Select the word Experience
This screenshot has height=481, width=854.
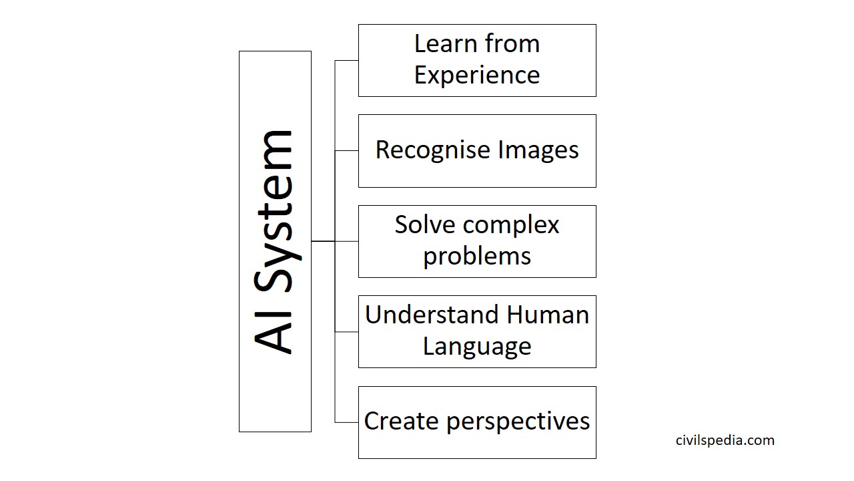click(x=477, y=75)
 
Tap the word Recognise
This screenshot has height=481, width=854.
click(x=433, y=150)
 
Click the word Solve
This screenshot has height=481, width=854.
click(x=425, y=224)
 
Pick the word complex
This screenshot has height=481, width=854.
click(x=511, y=226)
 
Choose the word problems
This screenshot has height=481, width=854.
click(x=477, y=257)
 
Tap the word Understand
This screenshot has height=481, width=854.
click(x=432, y=315)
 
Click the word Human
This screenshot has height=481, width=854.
click(x=548, y=315)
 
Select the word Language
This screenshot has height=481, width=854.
click(x=477, y=347)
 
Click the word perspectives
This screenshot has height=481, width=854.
click(x=518, y=422)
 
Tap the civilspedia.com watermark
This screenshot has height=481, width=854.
click(x=725, y=440)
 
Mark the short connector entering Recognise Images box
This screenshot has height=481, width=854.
click(x=346, y=151)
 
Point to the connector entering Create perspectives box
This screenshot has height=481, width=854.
click(x=346, y=423)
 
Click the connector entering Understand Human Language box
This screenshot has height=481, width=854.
click(x=346, y=332)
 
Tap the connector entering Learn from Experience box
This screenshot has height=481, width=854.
click(x=346, y=60)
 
